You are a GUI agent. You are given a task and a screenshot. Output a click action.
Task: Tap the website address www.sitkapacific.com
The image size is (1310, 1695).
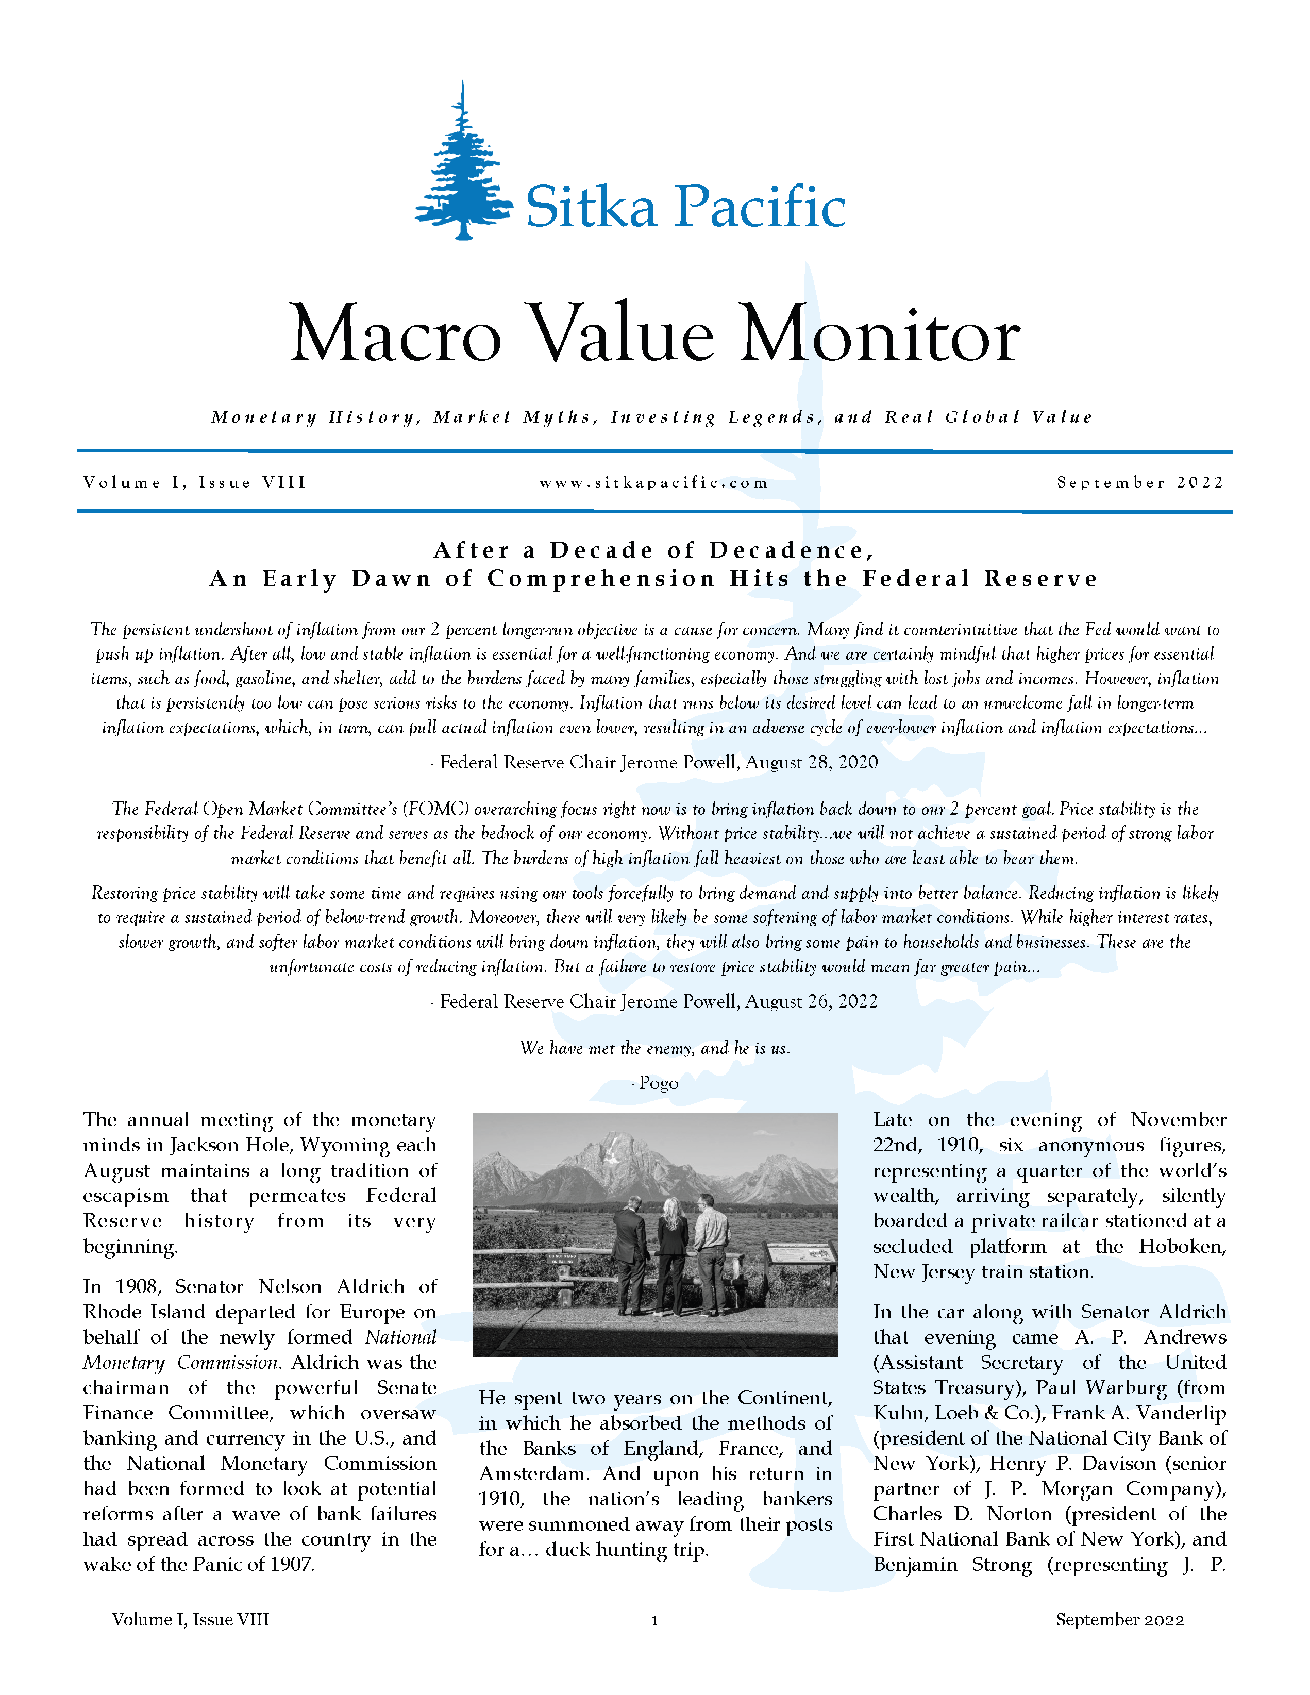(x=654, y=483)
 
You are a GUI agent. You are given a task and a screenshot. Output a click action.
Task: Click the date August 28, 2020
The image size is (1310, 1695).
(x=812, y=762)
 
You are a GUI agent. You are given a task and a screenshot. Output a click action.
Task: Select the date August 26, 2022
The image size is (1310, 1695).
(x=812, y=1001)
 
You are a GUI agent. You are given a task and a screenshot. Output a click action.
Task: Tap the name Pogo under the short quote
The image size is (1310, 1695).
(x=659, y=1083)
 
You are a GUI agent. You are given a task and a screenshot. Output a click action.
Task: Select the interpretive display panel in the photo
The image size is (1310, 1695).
(x=800, y=1254)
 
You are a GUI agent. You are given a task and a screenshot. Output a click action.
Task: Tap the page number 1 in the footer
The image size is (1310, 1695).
(x=654, y=1620)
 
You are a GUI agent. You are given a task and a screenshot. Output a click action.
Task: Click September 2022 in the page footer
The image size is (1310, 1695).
(x=1119, y=1620)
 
